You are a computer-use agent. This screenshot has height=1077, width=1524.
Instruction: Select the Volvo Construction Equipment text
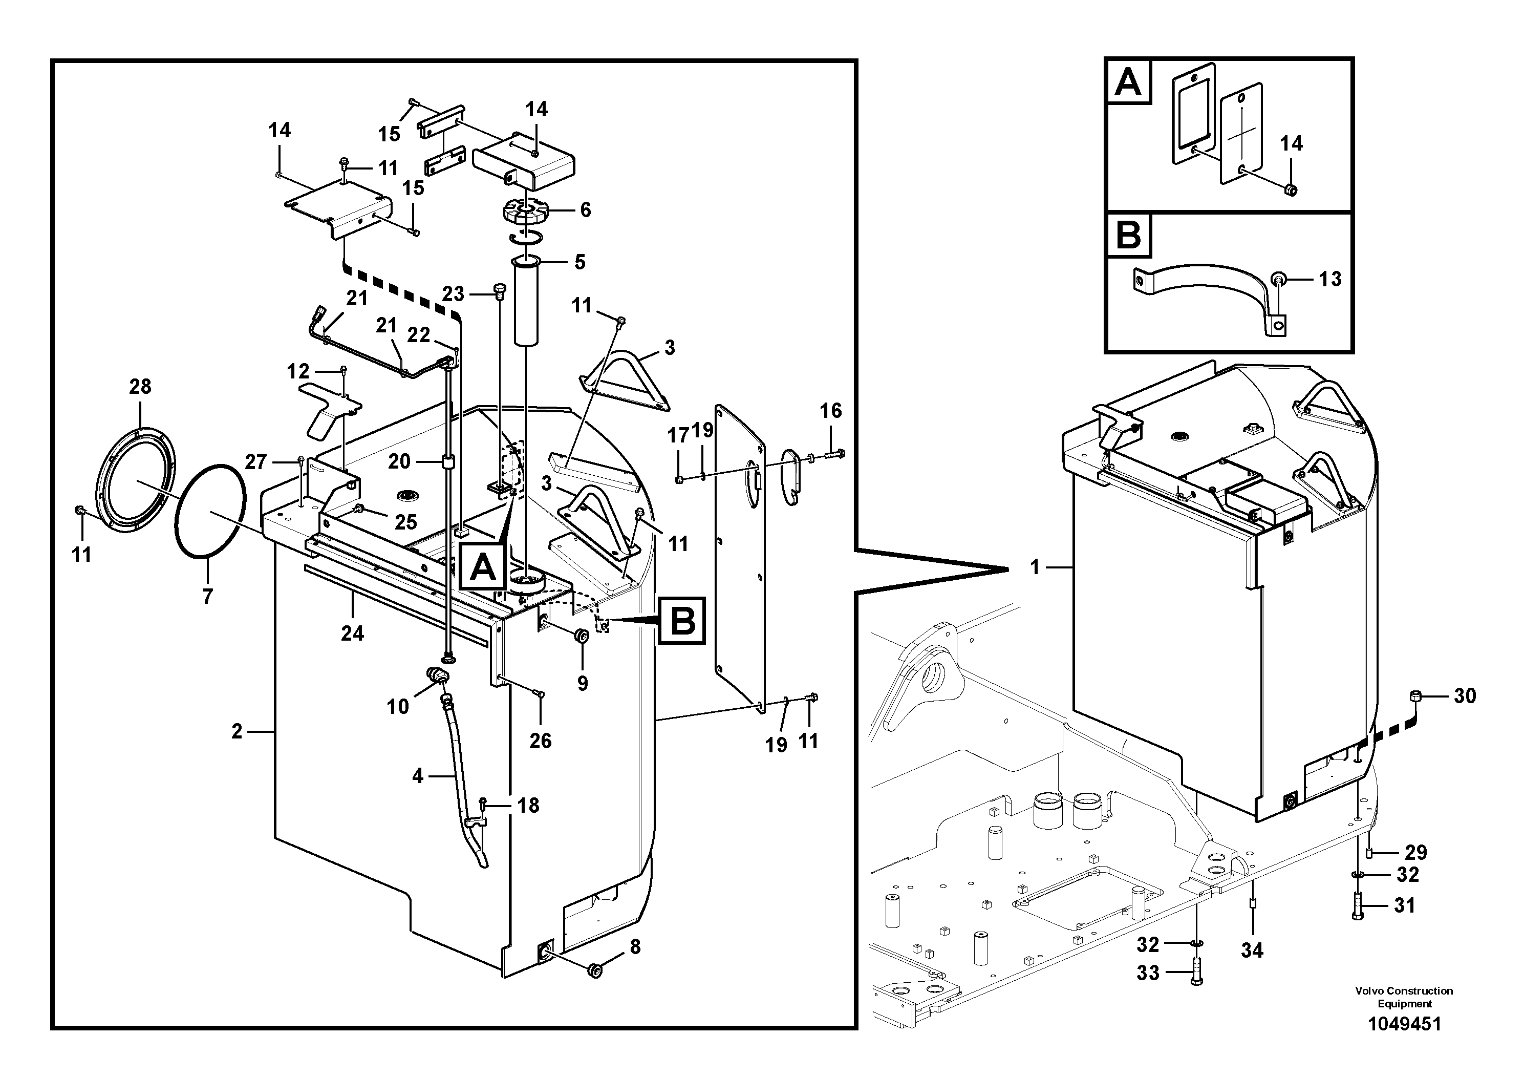click(1404, 997)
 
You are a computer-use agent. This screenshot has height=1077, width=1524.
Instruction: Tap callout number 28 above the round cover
click(140, 387)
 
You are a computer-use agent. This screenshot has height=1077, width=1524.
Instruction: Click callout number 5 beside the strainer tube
click(579, 262)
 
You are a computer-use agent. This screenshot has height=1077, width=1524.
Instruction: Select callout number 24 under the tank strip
click(352, 633)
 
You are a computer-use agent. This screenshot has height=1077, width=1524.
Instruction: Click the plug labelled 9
click(582, 636)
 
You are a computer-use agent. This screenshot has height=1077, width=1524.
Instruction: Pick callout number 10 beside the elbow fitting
click(398, 707)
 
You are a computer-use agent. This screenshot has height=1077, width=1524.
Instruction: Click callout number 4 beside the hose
click(418, 775)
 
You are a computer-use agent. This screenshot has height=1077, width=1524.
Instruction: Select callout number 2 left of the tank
click(237, 732)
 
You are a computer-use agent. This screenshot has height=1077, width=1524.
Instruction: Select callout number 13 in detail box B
click(1329, 280)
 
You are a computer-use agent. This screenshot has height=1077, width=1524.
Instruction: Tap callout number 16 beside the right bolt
click(830, 411)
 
